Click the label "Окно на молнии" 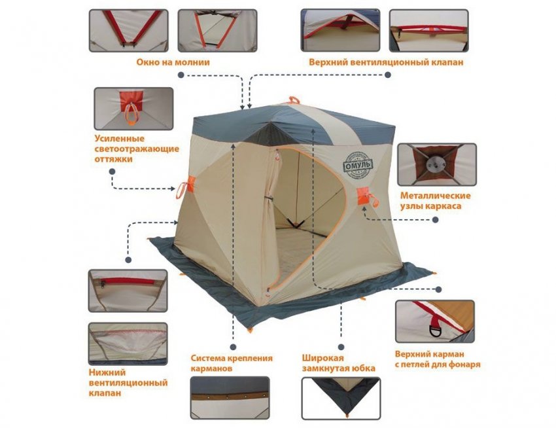(173, 62)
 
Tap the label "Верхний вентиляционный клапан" (386, 62)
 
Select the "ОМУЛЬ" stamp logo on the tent (358, 165)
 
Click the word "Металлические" (436, 196)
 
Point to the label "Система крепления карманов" (232, 363)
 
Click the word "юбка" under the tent (361, 368)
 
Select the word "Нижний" (107, 372)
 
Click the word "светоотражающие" (137, 149)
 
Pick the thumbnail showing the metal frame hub (437, 165)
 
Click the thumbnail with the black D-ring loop (435, 321)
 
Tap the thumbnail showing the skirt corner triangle (341, 398)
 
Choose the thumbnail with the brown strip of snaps (230, 398)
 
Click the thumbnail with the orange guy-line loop (133, 109)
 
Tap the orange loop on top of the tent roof (294, 99)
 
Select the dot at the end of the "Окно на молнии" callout (181, 75)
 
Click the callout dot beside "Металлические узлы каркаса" (436, 220)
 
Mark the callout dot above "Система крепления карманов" (233, 347)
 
